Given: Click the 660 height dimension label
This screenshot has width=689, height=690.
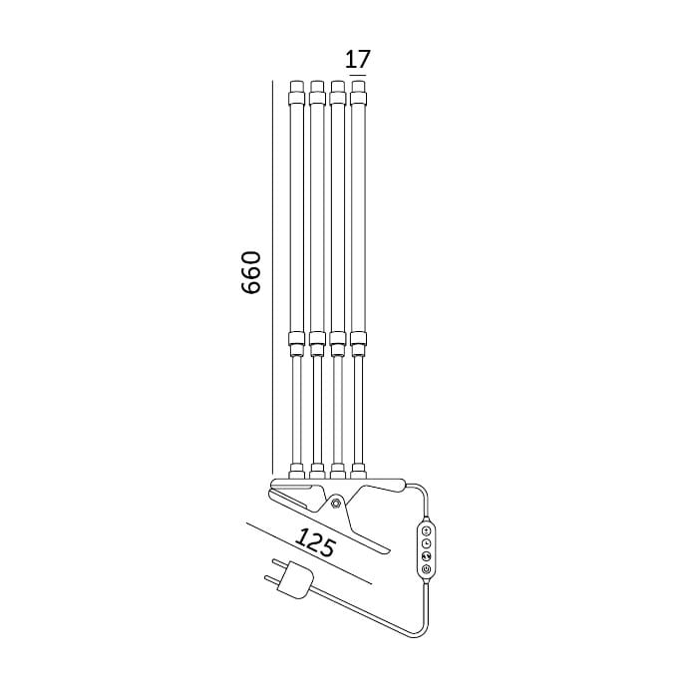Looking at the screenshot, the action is pyautogui.click(x=251, y=272).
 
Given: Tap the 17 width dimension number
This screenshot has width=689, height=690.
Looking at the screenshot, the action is pyautogui.click(x=357, y=59).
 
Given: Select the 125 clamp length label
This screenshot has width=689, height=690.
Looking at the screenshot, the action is pyautogui.click(x=315, y=542).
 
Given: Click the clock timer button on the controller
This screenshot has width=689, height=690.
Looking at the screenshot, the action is pyautogui.click(x=426, y=543).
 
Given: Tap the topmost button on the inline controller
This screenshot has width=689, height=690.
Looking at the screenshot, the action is pyautogui.click(x=426, y=530).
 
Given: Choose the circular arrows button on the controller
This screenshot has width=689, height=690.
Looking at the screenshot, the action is pyautogui.click(x=426, y=556).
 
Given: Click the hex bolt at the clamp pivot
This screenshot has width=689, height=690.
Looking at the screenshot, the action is pyautogui.click(x=336, y=503).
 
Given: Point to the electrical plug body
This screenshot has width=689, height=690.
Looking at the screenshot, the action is pyautogui.click(x=297, y=581).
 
